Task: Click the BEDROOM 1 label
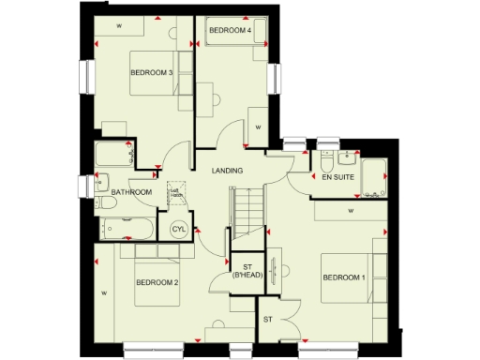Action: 343,277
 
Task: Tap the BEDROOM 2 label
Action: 157,282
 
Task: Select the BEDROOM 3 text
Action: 151,73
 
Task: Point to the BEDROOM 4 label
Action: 230,31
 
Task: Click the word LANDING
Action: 228,171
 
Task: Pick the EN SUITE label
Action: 337,176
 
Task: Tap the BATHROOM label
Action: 131,192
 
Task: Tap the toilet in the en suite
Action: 327,155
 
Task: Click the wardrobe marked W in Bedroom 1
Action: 350,212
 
